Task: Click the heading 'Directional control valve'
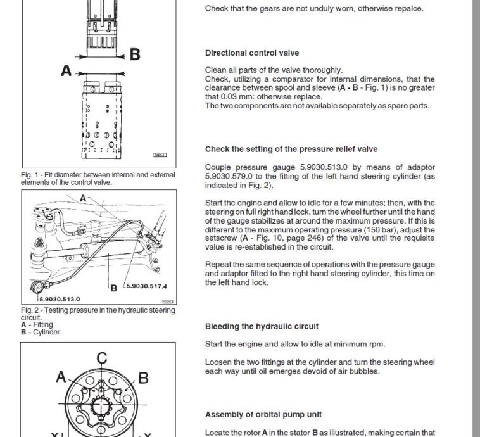[252, 53]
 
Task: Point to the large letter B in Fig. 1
[135, 54]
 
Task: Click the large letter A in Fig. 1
[66, 71]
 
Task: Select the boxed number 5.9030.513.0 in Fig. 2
[60, 299]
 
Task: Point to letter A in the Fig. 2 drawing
[83, 198]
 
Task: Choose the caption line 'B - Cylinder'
[42, 332]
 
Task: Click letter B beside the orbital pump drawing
[143, 378]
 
